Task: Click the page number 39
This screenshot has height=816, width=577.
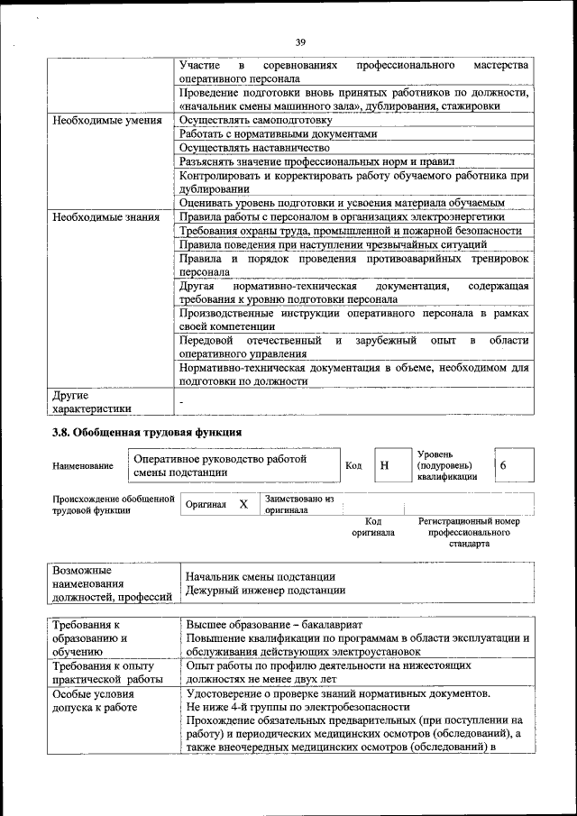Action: [x=300, y=41]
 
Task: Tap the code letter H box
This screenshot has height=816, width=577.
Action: [x=385, y=465]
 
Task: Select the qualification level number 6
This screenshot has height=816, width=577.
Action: [x=503, y=465]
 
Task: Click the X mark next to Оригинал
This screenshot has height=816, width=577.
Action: [x=243, y=505]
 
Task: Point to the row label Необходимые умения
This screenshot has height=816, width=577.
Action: [x=106, y=119]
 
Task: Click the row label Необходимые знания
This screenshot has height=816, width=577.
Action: [x=105, y=216]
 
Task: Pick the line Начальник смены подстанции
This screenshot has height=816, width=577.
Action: [x=261, y=576]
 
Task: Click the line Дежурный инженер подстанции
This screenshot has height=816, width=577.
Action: [x=265, y=591]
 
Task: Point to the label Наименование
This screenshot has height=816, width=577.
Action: [x=83, y=466]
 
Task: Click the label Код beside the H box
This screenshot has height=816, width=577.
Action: [x=353, y=465]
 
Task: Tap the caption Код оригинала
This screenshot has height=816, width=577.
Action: [x=372, y=527]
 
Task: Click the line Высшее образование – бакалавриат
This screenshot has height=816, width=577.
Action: [x=274, y=624]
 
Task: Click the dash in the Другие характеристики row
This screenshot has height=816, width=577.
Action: [x=181, y=399]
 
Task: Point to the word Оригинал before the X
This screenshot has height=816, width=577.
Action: [x=206, y=505]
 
